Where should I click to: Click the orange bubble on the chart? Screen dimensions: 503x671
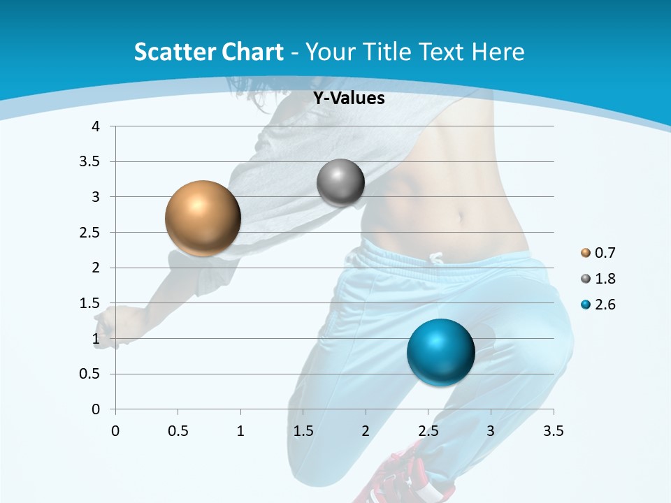[x=203, y=218]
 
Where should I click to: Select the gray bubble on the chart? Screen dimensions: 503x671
[x=340, y=182]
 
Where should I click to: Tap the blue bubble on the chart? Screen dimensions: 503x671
[x=440, y=352]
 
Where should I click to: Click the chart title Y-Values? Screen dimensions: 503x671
[x=348, y=99]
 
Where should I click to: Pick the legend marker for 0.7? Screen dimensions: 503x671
[x=586, y=253]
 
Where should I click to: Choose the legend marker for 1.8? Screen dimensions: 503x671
[x=586, y=279]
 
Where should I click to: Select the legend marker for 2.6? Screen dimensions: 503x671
[x=586, y=305]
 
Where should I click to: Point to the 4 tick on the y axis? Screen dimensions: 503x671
[x=96, y=126]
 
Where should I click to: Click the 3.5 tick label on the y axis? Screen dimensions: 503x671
[x=89, y=161]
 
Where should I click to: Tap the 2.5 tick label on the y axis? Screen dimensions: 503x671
[x=89, y=232]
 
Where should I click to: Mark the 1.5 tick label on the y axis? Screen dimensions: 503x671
[x=89, y=302]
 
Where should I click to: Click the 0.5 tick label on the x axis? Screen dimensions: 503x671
[x=178, y=431]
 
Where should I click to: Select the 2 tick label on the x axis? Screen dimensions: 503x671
[x=366, y=431]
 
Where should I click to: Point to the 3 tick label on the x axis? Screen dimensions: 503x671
[x=491, y=431]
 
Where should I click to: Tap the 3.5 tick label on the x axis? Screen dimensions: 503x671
[x=553, y=431]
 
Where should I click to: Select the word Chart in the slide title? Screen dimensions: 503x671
[x=252, y=52]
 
